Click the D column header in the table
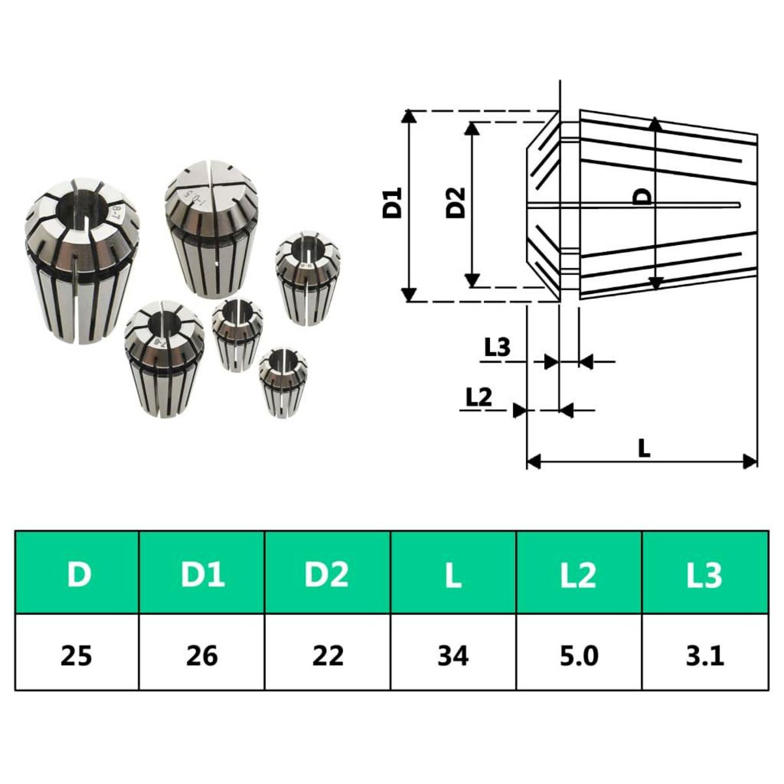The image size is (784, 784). coord(78,573)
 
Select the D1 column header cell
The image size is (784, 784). coord(202,573)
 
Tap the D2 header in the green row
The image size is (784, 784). coord(327,573)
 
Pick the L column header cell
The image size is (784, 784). coord(453,573)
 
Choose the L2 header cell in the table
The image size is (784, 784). coord(579,573)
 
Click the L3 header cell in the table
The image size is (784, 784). coord(704,573)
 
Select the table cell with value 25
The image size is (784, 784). coord(77,653)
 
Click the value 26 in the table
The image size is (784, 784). coord(202,653)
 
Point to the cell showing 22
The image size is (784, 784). coord(327,653)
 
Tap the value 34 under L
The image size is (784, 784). coord(453,653)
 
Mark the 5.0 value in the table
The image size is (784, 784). coord(579,653)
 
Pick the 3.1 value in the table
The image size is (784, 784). coord(704,653)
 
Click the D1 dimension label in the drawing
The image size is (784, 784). coord(393,203)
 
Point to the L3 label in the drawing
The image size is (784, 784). coord(497,348)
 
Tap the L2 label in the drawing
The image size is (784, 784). coord(478,397)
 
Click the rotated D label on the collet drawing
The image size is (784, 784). coord(643,196)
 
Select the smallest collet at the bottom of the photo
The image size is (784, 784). coord(282,382)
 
